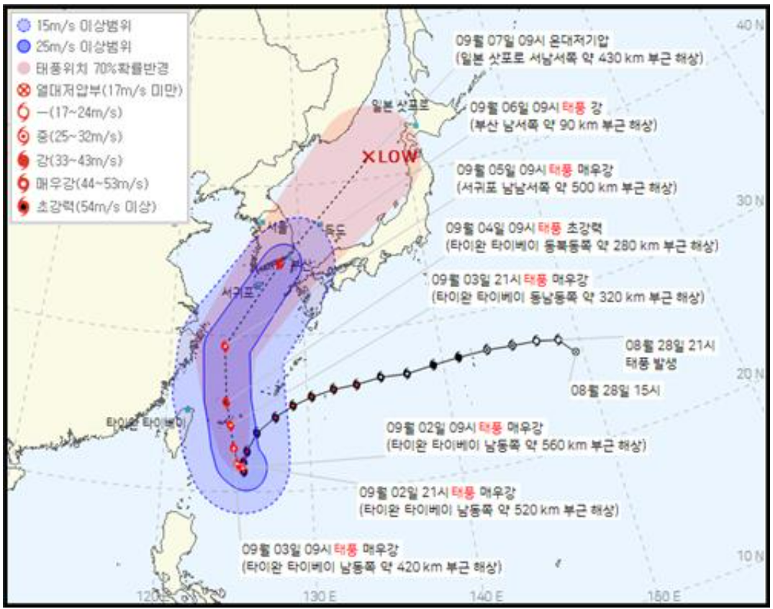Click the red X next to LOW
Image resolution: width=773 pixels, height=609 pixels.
tap(369, 156)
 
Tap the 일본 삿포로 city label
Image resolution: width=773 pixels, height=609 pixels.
tap(400, 106)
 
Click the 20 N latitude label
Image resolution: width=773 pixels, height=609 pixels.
tap(751, 373)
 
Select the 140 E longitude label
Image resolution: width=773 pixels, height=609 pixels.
tap(490, 596)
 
